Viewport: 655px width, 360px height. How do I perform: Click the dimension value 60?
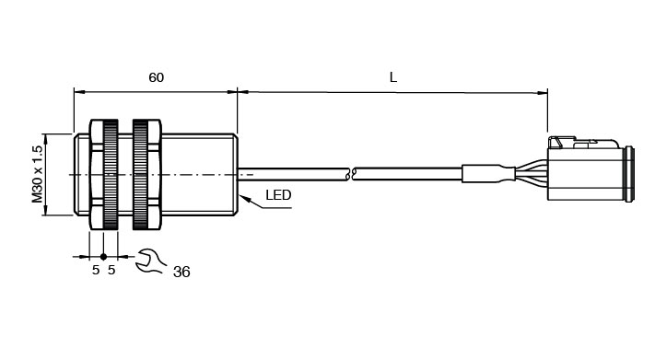pos(157,77)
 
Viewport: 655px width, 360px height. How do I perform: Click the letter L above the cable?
pos(392,77)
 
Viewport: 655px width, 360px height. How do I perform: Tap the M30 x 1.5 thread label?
pos(38,174)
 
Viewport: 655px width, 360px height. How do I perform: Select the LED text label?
pos(278,195)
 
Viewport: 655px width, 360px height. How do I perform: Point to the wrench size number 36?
pos(181,272)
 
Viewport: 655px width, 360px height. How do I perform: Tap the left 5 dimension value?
pos(96,270)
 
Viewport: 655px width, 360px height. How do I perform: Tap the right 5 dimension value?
pos(111,270)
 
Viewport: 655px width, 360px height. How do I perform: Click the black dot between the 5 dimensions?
pos(103,257)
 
